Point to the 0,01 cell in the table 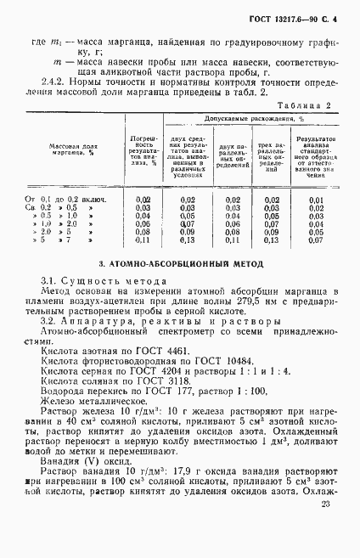pos(316,198)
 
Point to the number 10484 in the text pos(215,359)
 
